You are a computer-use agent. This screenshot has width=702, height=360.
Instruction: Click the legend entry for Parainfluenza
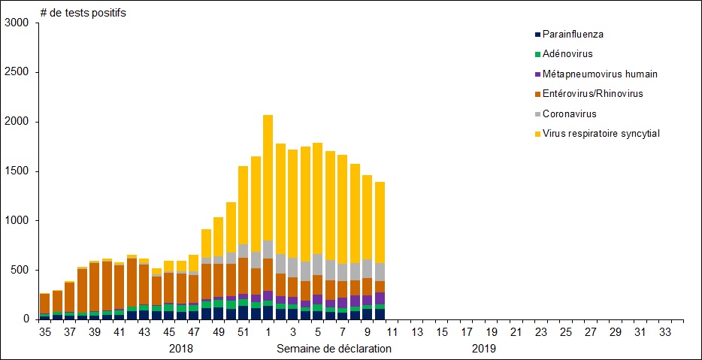point(572,35)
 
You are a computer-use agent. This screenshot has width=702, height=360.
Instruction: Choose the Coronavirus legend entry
point(569,113)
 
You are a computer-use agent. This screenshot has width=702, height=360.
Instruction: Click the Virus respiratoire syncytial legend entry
point(601,133)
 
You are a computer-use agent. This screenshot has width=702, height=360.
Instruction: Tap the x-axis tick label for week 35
point(45,332)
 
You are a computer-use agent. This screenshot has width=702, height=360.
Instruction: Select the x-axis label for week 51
point(243,332)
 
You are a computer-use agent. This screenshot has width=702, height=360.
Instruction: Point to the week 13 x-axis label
point(416,332)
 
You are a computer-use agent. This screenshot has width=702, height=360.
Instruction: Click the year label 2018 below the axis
point(181,349)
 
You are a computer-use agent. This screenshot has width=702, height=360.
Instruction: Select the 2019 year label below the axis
point(484,349)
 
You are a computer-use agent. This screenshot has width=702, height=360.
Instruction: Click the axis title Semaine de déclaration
point(334,349)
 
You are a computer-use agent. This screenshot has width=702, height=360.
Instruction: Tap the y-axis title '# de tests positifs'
point(83,13)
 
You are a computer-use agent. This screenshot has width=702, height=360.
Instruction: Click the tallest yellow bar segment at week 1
point(268,177)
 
